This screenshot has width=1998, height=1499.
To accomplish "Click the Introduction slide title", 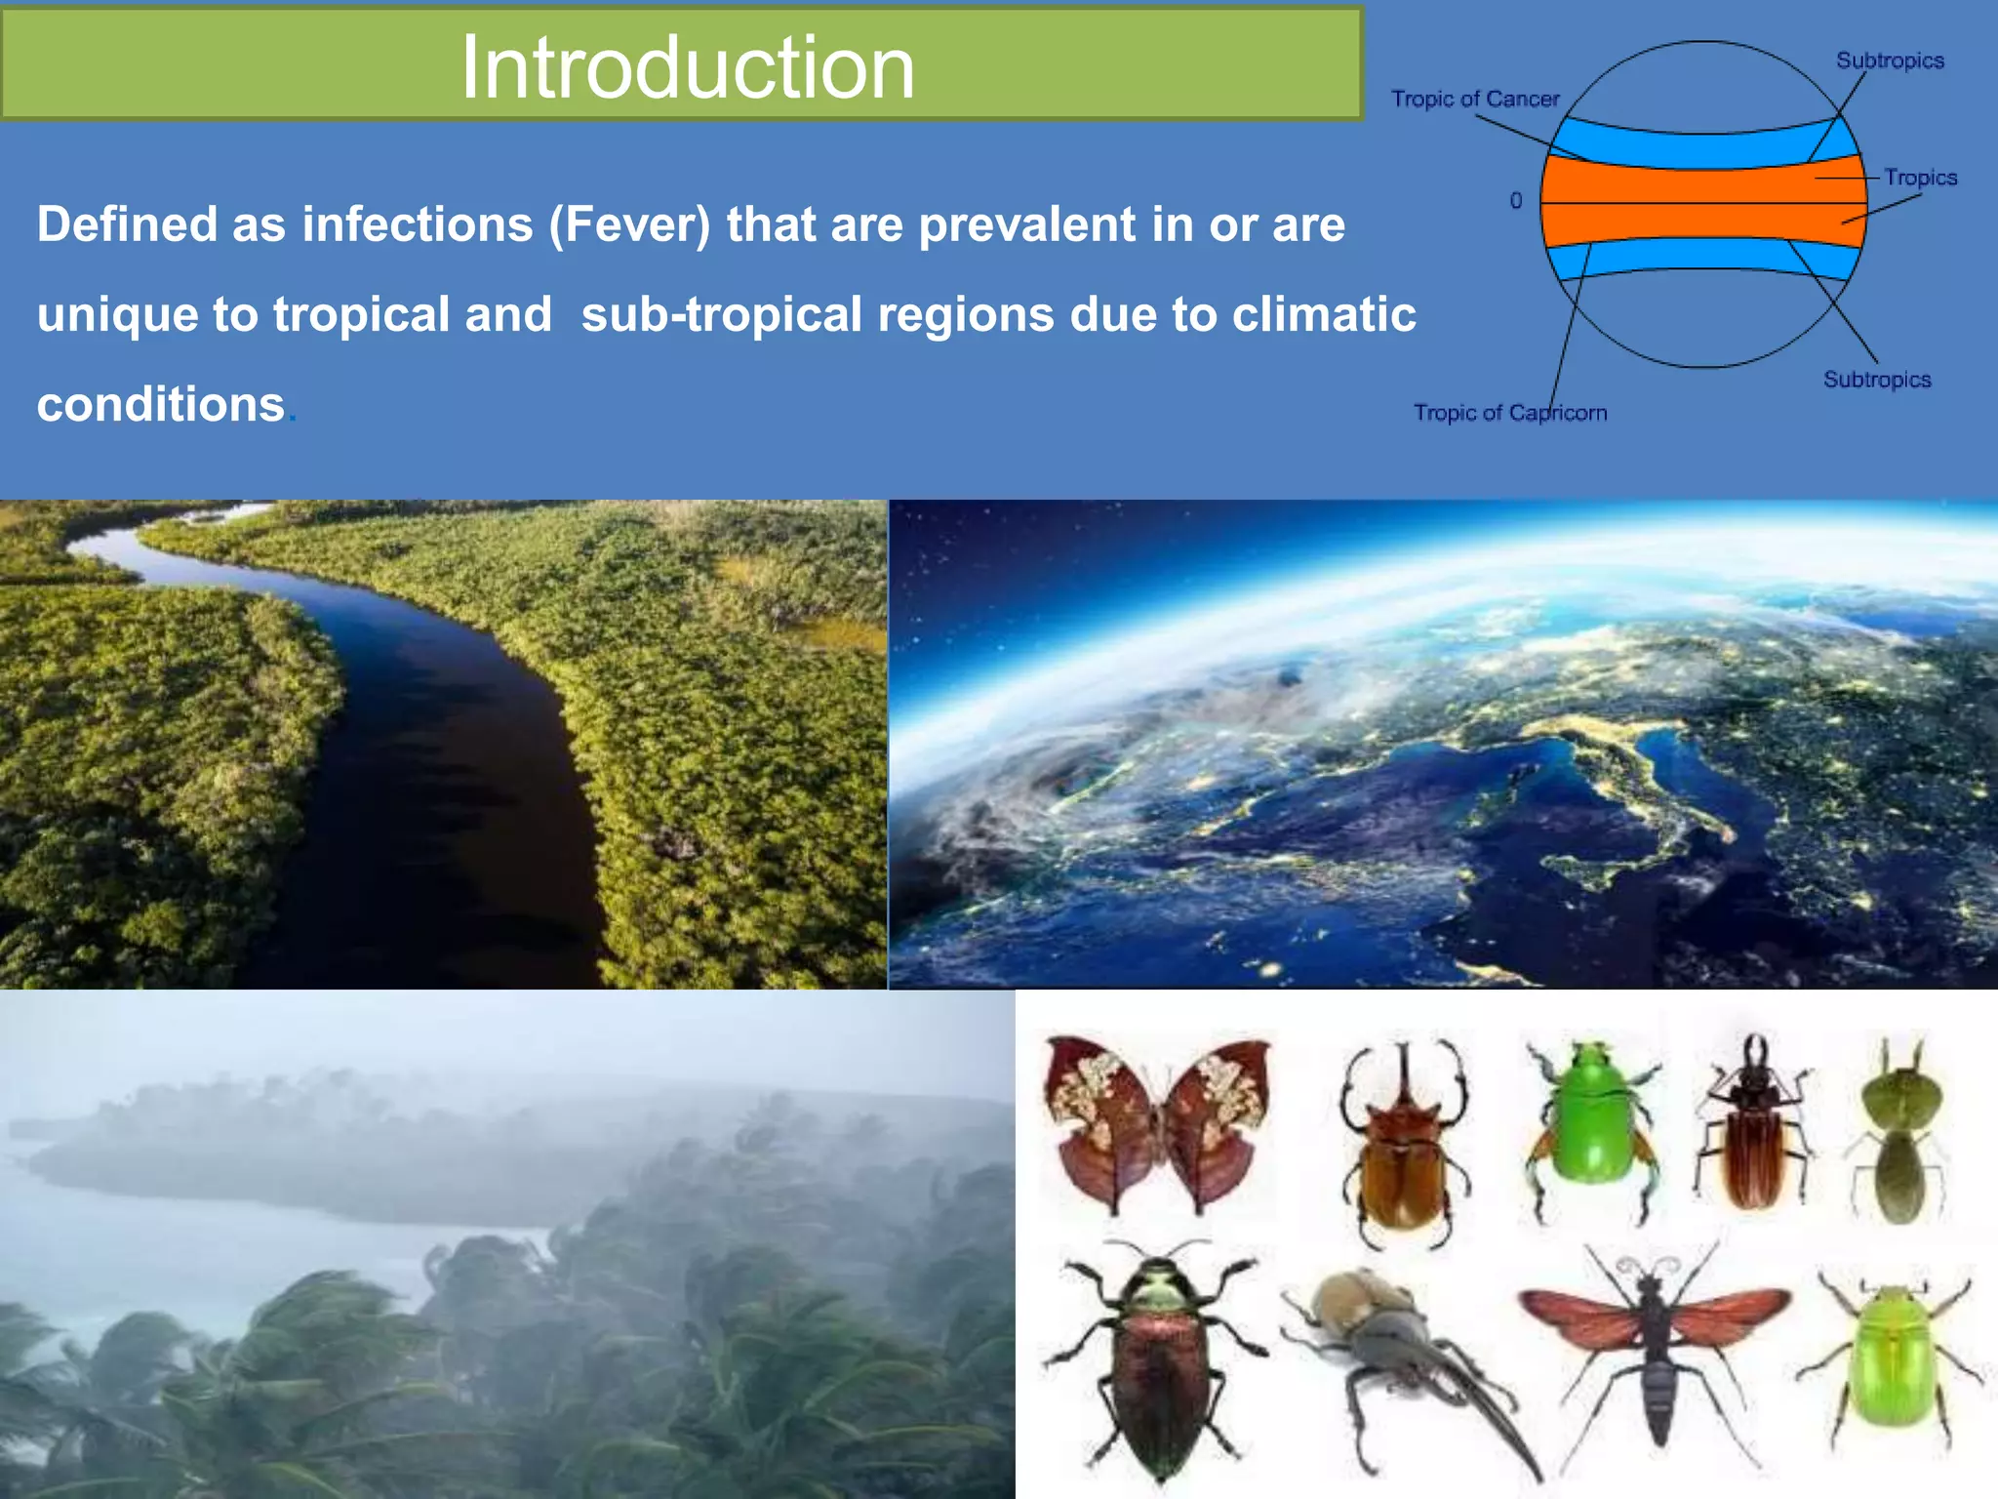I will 687,66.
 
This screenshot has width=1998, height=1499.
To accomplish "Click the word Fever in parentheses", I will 630,224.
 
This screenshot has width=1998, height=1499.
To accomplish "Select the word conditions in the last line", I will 161,404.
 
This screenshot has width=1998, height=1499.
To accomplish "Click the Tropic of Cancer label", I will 1474,99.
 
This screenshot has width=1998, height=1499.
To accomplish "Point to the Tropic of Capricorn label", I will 1509,413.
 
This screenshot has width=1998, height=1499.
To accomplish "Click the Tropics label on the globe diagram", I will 1920,178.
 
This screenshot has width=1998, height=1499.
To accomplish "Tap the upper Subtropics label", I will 1890,61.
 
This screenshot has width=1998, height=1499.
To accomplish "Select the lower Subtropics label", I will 1877,380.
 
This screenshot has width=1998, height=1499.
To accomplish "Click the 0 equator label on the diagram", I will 1515,200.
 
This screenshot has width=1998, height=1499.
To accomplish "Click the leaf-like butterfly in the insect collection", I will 1157,1122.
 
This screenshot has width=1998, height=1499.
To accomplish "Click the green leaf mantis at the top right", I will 1898,1132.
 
